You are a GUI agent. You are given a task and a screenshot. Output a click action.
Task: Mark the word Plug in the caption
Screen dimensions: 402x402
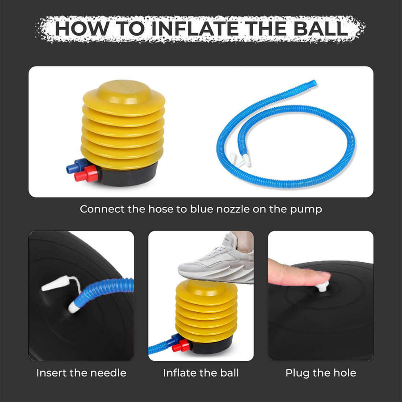coord(296,373)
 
